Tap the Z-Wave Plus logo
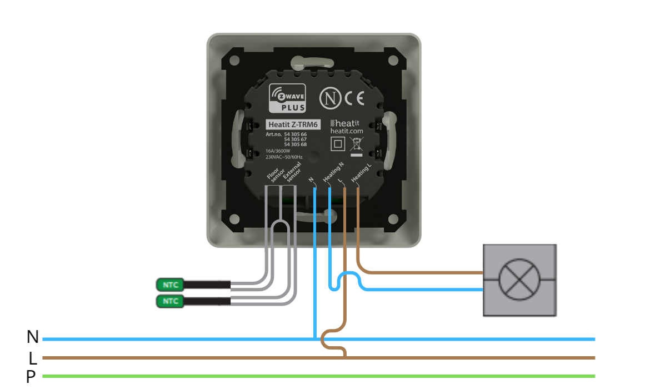tap(288, 98)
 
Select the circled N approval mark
tap(331, 98)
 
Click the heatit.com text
tap(347, 131)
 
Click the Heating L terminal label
tap(361, 174)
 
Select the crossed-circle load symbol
tap(519, 280)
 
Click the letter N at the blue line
tap(33, 337)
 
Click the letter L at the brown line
tap(33, 358)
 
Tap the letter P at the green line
tap(31, 377)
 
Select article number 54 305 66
tap(295, 134)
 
